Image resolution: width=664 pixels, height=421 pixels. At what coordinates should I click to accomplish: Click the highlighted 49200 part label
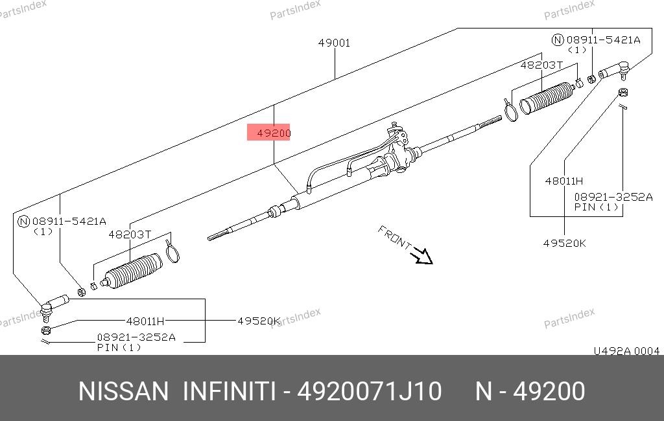pos(274,133)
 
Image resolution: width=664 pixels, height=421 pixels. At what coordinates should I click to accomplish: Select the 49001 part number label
pos(334,43)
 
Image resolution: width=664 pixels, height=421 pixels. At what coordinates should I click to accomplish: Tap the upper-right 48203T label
pos(541,65)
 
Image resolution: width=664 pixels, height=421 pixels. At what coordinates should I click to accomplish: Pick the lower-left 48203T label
pos(130,234)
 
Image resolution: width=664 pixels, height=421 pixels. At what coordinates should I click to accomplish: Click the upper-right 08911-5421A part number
pos(603,40)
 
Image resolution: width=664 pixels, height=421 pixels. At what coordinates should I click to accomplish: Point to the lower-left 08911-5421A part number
pos(69,222)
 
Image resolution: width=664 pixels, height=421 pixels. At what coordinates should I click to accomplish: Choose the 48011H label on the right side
pos(564,181)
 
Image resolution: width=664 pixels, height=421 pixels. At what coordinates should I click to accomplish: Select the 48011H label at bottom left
pos(145,321)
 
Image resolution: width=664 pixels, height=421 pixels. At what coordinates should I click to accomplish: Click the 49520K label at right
pos(565,244)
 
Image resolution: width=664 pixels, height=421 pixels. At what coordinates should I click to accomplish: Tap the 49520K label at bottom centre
pos(259,321)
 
